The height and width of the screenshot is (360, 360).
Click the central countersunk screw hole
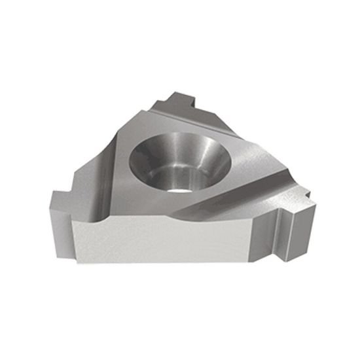pos(179,159)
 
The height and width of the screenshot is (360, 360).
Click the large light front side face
pos(164,242)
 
